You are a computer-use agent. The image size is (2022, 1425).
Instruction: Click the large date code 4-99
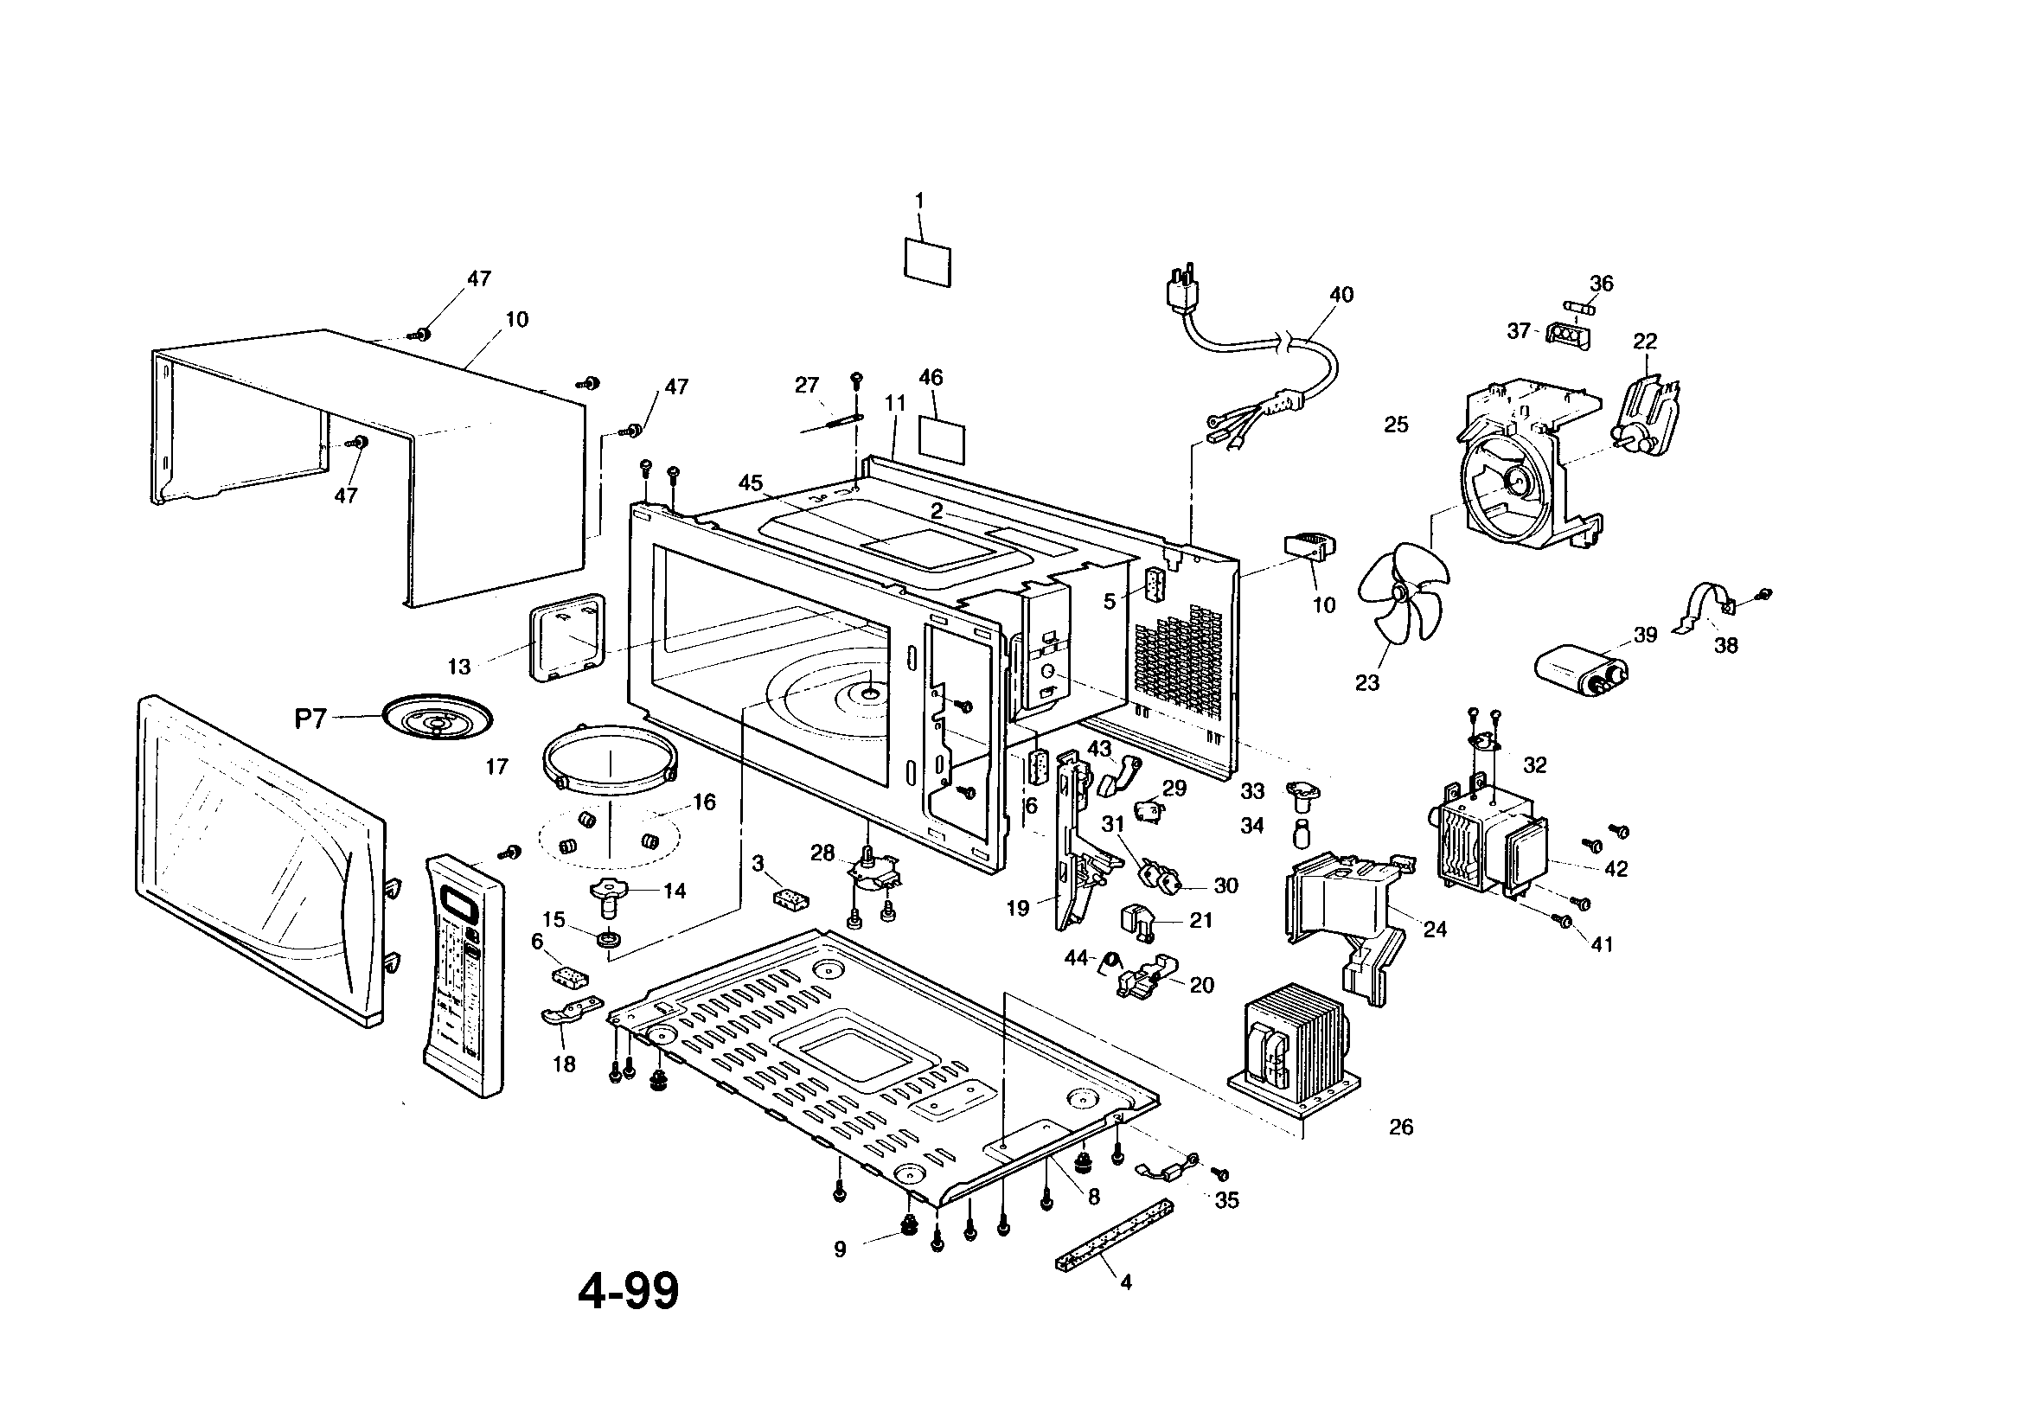pos(629,1291)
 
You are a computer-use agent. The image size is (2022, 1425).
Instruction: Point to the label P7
pos(310,719)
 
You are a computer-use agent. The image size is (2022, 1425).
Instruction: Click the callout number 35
pos(1225,1200)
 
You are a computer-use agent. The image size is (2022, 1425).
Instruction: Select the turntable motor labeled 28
pos(870,873)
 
